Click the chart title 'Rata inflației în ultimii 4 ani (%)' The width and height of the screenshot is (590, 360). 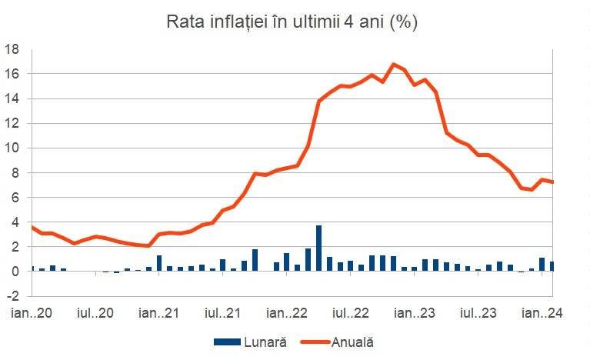pos(292,22)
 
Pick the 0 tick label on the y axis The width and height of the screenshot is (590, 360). pos(15,272)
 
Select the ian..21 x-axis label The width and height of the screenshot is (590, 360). pos(158,313)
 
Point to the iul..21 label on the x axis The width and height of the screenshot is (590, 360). pos(223,313)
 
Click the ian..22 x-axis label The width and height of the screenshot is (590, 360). pos(288,313)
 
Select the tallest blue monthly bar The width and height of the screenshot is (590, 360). pos(318,248)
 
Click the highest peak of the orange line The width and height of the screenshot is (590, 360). pos(393,65)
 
